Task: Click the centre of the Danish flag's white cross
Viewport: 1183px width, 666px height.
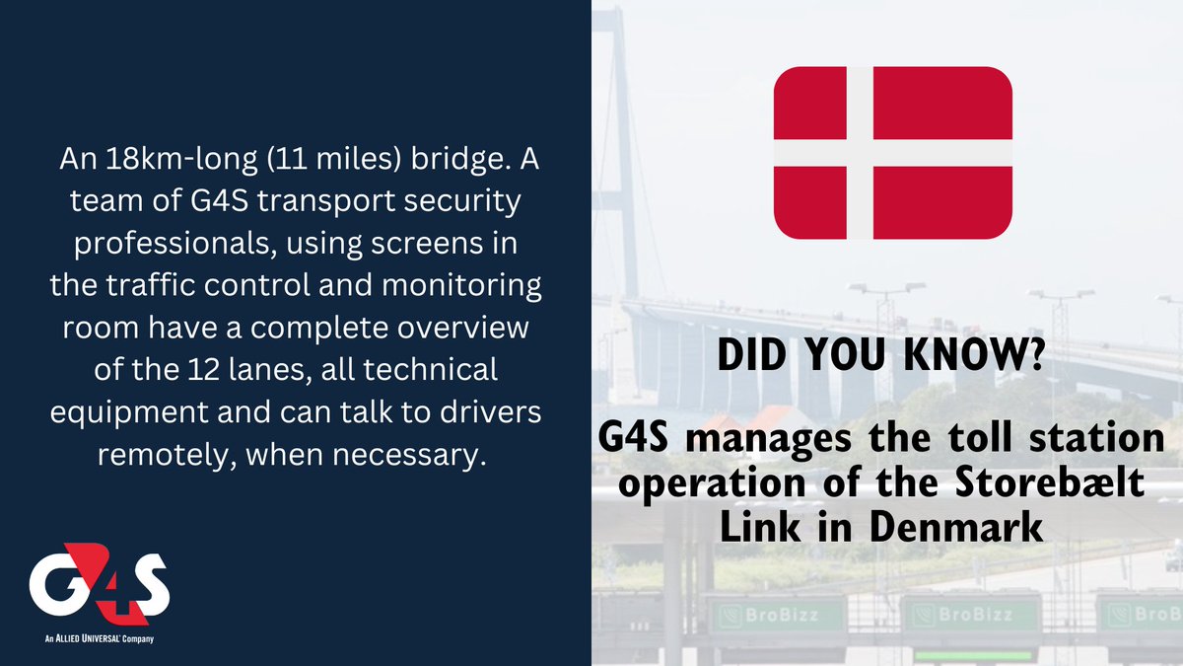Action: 860,154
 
